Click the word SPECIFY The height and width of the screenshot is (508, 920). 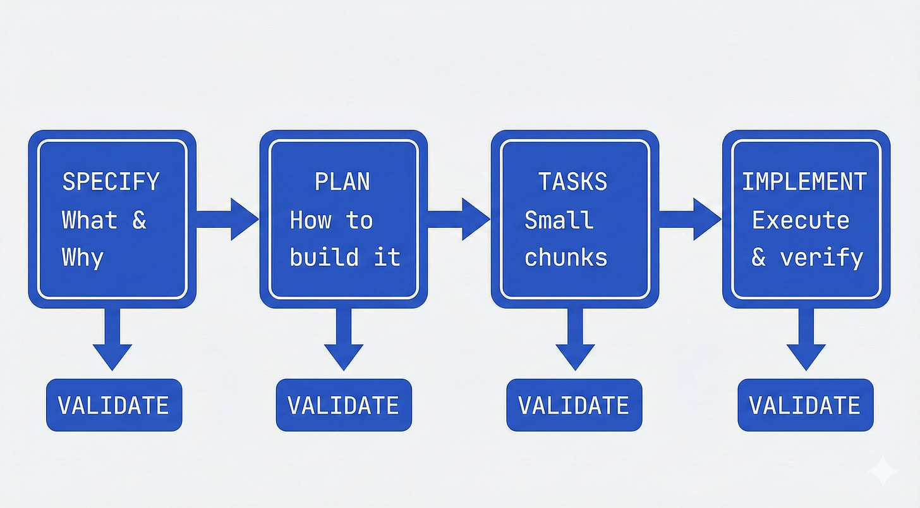point(111,182)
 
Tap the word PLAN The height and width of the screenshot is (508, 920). point(342,182)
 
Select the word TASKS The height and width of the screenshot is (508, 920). point(572,182)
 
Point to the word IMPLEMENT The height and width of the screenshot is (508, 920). point(804,182)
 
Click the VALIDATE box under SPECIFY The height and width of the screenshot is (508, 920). point(114,406)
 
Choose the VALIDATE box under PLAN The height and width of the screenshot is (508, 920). point(344,406)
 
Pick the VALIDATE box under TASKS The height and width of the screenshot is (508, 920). point(574,406)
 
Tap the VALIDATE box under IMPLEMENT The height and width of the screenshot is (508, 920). point(805,406)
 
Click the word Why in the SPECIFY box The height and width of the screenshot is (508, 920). point(83,257)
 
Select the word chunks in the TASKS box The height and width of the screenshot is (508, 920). point(566,257)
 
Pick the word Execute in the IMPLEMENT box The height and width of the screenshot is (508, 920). point(801,220)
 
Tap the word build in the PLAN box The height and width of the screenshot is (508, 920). point(324,257)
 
